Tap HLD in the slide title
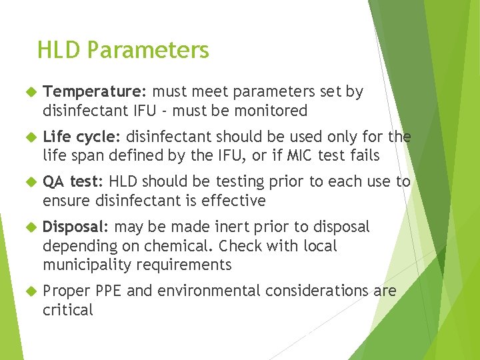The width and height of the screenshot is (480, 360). tap(60, 50)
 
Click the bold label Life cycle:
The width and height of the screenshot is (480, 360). tap(81, 137)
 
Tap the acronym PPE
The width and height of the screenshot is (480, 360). tap(108, 291)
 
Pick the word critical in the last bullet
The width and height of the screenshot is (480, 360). tap(68, 310)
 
